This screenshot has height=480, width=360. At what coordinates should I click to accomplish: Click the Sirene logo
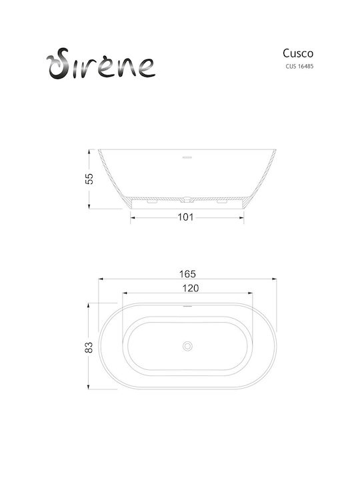101,64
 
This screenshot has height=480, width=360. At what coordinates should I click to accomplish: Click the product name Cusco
298,53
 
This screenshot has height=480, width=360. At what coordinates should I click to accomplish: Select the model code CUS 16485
299,66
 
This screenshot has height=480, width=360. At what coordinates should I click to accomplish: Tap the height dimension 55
89,179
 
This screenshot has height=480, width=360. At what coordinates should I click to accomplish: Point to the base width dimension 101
186,217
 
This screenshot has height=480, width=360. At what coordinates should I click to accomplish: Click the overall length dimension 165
187,274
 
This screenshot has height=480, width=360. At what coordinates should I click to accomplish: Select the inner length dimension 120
191,288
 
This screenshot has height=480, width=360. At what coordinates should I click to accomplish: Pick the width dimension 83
89,347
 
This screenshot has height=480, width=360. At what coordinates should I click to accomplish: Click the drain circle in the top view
187,346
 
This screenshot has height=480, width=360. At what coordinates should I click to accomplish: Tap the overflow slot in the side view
187,158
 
